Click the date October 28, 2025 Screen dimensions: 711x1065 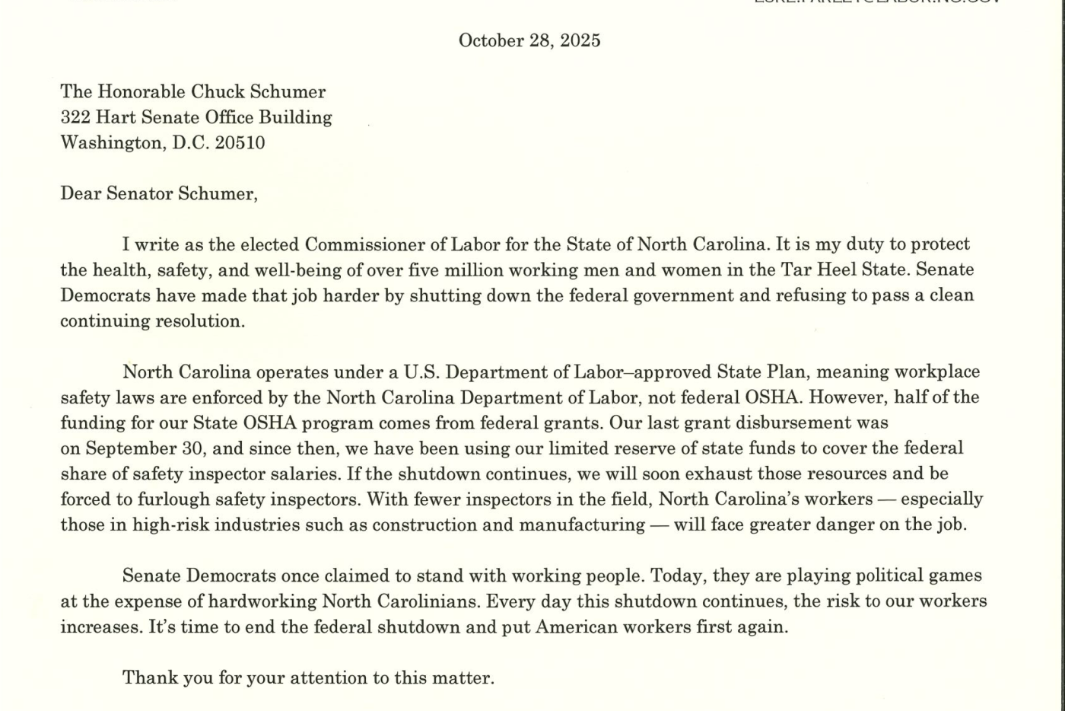pyautogui.click(x=529, y=40)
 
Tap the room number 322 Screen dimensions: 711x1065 pyautogui.click(x=75, y=117)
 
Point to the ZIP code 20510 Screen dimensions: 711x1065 pyautogui.click(x=240, y=143)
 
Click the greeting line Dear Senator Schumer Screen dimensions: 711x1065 pyautogui.click(x=159, y=194)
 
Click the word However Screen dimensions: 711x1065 pyautogui.click(x=850, y=397)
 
